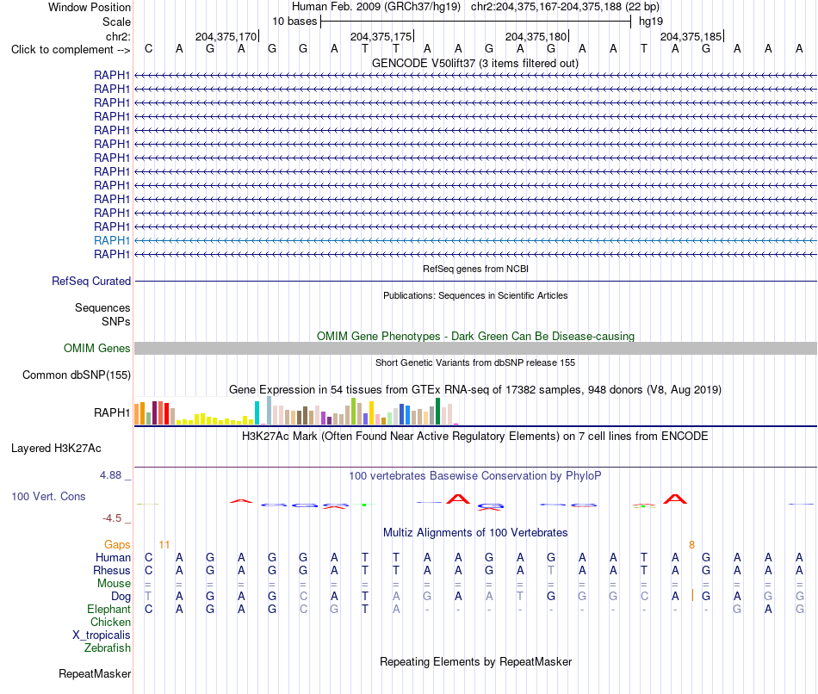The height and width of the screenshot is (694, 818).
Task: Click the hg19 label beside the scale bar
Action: coord(651,22)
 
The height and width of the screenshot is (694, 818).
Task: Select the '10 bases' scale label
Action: coord(294,22)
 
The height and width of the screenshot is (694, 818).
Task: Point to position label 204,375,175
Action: coord(381,36)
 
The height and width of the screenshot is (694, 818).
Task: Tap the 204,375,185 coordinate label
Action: coord(691,36)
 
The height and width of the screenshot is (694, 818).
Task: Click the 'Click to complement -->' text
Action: coord(71,50)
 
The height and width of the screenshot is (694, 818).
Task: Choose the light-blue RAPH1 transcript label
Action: coord(112,240)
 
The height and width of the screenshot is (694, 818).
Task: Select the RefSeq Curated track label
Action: coord(91,281)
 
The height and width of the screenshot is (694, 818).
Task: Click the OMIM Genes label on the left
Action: coord(97,348)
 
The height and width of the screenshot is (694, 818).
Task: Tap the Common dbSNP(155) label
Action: coord(77,375)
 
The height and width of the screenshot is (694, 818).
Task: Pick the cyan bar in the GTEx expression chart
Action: coord(257,412)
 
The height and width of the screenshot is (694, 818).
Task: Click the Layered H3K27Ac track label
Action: coord(56,449)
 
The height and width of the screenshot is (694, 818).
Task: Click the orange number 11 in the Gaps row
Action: coord(164,545)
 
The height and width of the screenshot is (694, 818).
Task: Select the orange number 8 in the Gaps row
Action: coord(691,545)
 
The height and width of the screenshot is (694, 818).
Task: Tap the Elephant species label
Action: coord(109,609)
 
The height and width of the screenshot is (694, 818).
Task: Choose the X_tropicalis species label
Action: coord(102,635)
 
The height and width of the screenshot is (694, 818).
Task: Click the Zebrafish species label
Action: coord(108,648)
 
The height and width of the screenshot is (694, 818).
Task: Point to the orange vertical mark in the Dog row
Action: coord(692,595)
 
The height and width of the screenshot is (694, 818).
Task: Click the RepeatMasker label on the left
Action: coord(95,673)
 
